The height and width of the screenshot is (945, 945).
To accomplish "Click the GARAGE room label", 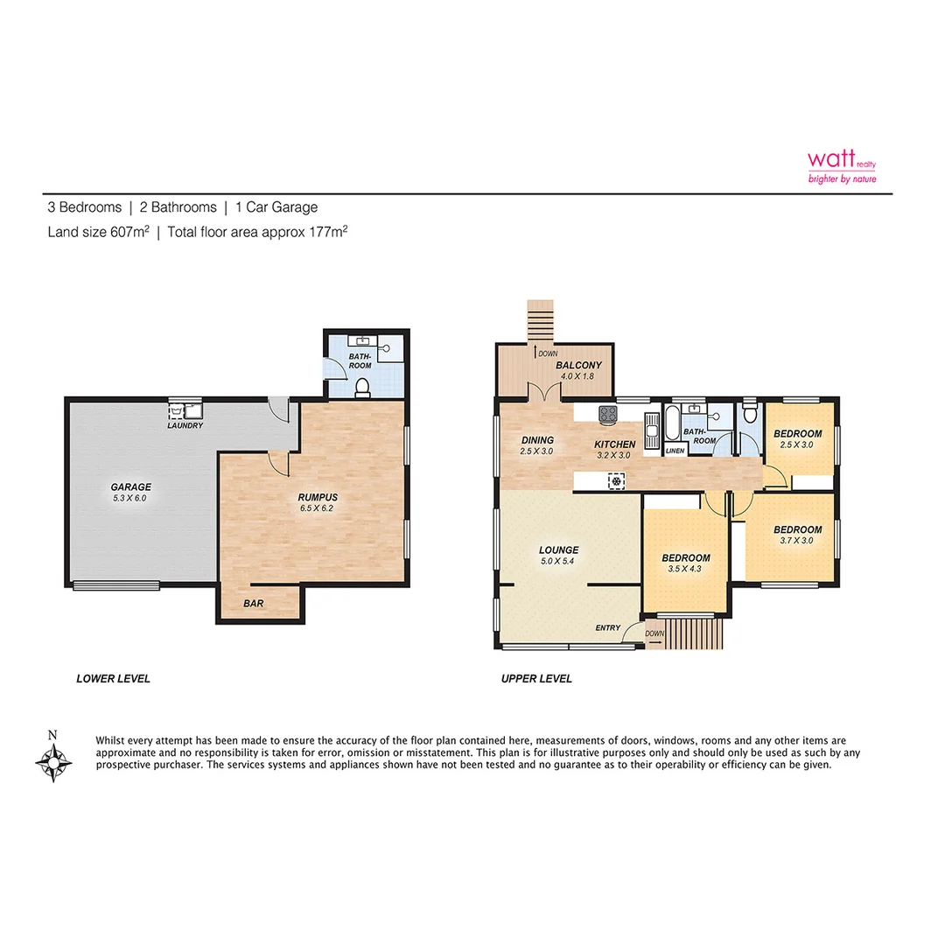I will coord(130,487).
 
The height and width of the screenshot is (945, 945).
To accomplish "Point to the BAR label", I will coord(253,603).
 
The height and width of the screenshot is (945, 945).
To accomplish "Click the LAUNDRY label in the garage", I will coord(185,426).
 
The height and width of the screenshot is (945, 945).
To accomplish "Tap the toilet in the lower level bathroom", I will coord(361,387).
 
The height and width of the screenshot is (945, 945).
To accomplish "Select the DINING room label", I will coord(537,440).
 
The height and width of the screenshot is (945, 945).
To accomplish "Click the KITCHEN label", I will coord(614,444).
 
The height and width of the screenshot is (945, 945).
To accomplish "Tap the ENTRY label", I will coord(607,627).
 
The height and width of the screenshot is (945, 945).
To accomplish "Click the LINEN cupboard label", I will coord(675,451).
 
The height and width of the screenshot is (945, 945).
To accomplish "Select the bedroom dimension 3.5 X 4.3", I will coord(685,570).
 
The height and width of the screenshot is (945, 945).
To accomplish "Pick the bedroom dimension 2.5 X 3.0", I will coord(797,445).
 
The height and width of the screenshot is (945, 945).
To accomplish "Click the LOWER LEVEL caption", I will coord(113,678).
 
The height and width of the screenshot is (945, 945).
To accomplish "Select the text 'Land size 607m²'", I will coord(98,232).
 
